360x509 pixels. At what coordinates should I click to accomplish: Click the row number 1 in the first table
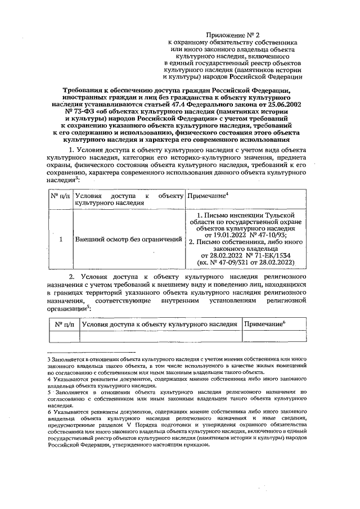click(x=60, y=239)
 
